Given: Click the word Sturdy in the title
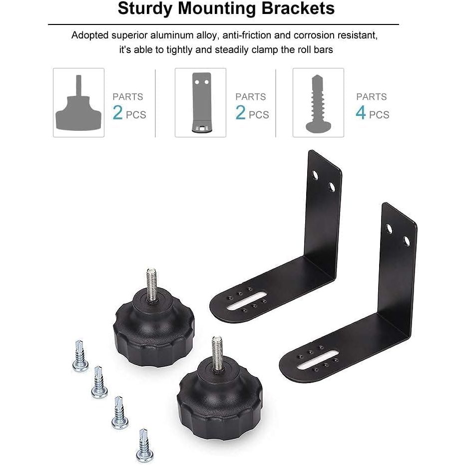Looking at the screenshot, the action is (x=145, y=9).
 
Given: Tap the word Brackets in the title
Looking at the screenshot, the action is (x=298, y=8).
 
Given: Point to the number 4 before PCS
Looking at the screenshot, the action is (x=361, y=112).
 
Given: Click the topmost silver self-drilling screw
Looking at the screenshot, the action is (x=80, y=356).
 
